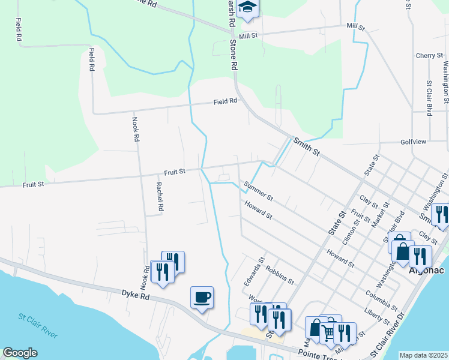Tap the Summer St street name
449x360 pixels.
259,191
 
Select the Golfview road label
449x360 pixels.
412,142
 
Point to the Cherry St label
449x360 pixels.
429,55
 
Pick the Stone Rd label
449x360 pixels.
234,55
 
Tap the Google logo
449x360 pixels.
20,352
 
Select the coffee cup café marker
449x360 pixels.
202,297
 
